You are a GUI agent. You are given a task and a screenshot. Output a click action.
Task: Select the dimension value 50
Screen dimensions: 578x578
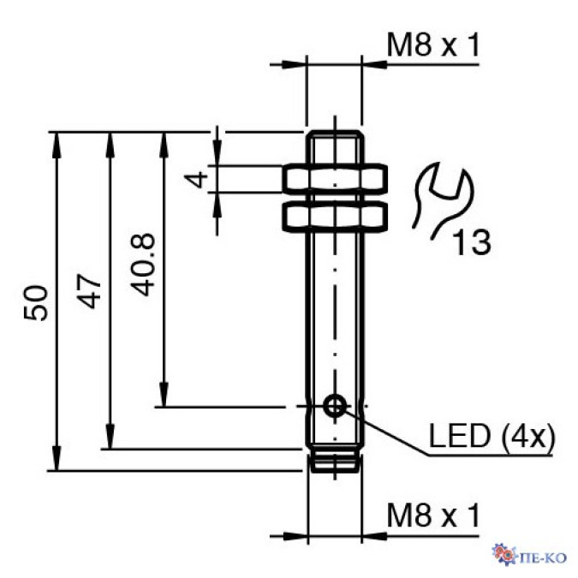(36, 302)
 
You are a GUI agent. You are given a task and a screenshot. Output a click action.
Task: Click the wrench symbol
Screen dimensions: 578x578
(442, 199)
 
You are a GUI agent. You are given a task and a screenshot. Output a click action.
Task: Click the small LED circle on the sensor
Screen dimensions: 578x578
(335, 406)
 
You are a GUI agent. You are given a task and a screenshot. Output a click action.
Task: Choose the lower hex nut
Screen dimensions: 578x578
(335, 216)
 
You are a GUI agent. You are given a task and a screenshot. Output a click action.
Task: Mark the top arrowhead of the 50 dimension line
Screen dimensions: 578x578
(57, 140)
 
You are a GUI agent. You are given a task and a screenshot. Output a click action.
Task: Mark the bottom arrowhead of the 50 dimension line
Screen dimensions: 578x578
(57, 462)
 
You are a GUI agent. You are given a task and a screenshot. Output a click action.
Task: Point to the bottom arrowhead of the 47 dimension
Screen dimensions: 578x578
(110, 439)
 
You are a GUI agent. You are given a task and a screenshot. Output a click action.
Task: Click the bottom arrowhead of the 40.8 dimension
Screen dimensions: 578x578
(163, 398)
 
